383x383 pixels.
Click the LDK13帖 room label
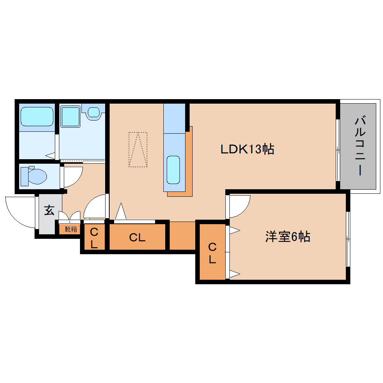pyautogui.click(x=247, y=149)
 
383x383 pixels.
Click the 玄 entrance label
pyautogui.click(x=49, y=210)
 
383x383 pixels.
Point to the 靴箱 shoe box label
pyautogui.click(x=70, y=229)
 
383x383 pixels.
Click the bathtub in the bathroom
pyautogui.click(x=37, y=116)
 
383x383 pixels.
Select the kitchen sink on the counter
pyautogui.click(x=173, y=170)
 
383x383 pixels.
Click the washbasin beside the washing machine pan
pyautogui.click(x=93, y=112)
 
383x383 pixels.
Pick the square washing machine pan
pyautogui.click(x=70, y=116)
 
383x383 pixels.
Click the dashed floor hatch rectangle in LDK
pyautogui.click(x=138, y=149)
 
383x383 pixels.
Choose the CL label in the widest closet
pyautogui.click(x=137, y=237)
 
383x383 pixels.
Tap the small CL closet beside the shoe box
pyautogui.click(x=94, y=237)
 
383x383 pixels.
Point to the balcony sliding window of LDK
pyautogui.click(x=338, y=150)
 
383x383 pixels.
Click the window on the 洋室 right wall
pyautogui.click(x=348, y=239)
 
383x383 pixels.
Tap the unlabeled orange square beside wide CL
pyautogui.click(x=182, y=235)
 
